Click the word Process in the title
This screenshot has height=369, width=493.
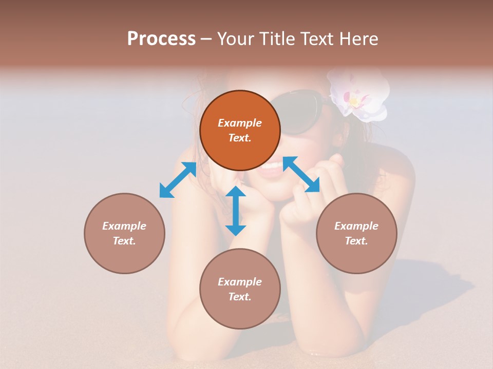[x=161, y=39]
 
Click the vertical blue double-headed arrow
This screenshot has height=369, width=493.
[x=236, y=211]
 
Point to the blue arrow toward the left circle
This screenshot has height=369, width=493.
[x=178, y=180]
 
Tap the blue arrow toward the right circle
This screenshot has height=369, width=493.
[x=301, y=174]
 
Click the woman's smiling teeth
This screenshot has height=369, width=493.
[x=271, y=167]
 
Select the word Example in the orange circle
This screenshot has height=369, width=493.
[x=240, y=123]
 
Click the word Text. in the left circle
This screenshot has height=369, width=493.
[x=124, y=241]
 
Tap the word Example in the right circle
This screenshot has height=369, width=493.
[x=356, y=226]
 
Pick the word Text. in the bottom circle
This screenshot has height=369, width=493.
[x=240, y=297]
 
